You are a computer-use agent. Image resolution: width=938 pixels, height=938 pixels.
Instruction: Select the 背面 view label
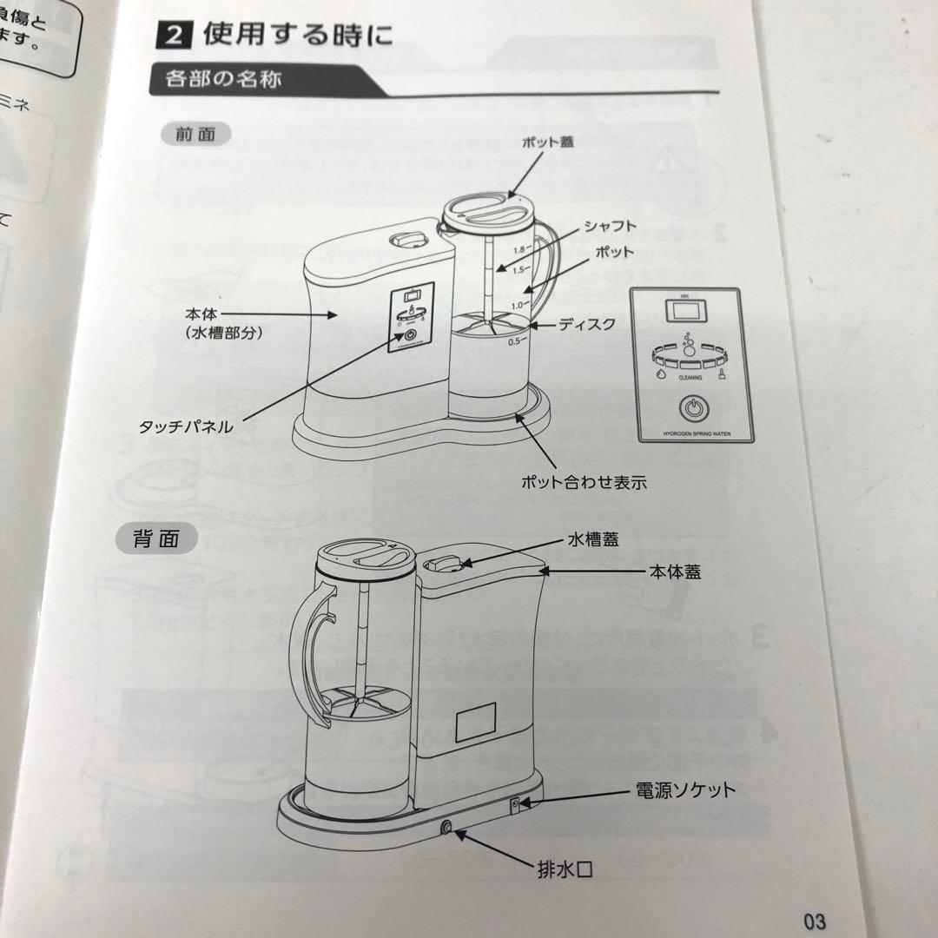[156, 538]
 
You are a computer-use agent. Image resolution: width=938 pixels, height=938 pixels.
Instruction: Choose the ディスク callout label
[586, 324]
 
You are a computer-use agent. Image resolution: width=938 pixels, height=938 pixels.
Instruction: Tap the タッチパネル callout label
[185, 427]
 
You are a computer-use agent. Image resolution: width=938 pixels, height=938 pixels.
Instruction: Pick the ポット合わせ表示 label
[584, 483]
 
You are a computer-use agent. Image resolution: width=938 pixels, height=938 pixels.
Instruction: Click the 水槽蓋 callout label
[593, 540]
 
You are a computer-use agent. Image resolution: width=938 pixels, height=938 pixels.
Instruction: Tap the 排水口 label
[566, 869]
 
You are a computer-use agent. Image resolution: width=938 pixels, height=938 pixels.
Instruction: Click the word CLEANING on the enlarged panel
[691, 379]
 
